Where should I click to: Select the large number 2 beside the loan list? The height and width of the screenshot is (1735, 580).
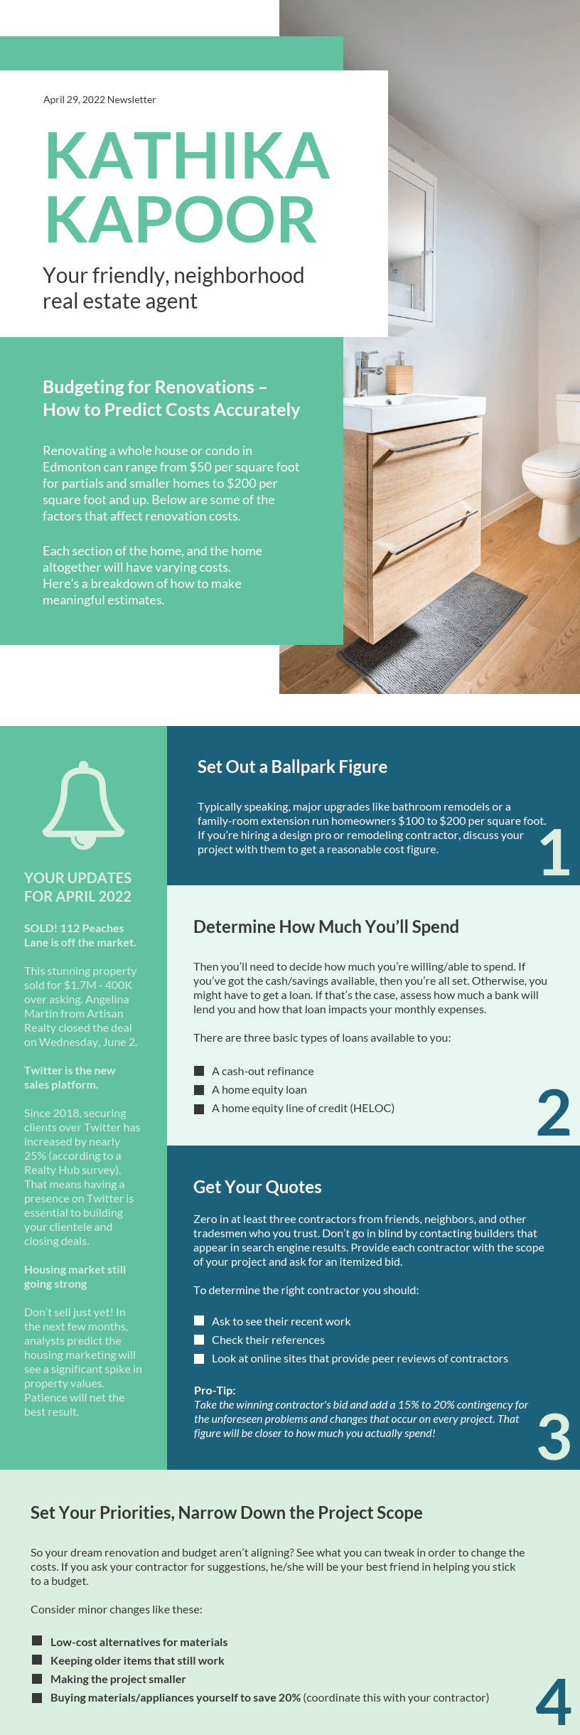pos(554,1113)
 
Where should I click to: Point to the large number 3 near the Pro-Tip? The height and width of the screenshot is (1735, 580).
pos(554,1436)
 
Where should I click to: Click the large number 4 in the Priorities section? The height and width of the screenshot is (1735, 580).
pos(554,1702)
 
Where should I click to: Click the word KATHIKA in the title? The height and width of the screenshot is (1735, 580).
pos(187,156)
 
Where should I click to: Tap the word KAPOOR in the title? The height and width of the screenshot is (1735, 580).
pos(180,220)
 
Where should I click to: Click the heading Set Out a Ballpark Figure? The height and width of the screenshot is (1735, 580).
pos(292,767)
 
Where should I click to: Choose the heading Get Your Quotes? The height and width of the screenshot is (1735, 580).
pos(257,1187)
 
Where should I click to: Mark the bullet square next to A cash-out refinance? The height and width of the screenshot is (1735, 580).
pos(199,1071)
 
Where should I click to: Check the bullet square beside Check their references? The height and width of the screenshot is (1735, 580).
pos(199,1340)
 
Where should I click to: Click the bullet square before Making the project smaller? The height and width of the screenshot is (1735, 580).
pos(37,1679)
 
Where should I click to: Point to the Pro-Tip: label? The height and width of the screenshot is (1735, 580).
pos(215,1390)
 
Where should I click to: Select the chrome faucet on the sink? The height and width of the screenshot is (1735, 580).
pos(365,370)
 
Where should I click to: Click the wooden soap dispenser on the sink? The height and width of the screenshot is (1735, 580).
pos(399,377)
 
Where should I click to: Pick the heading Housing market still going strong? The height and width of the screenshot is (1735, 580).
pos(75,1276)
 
